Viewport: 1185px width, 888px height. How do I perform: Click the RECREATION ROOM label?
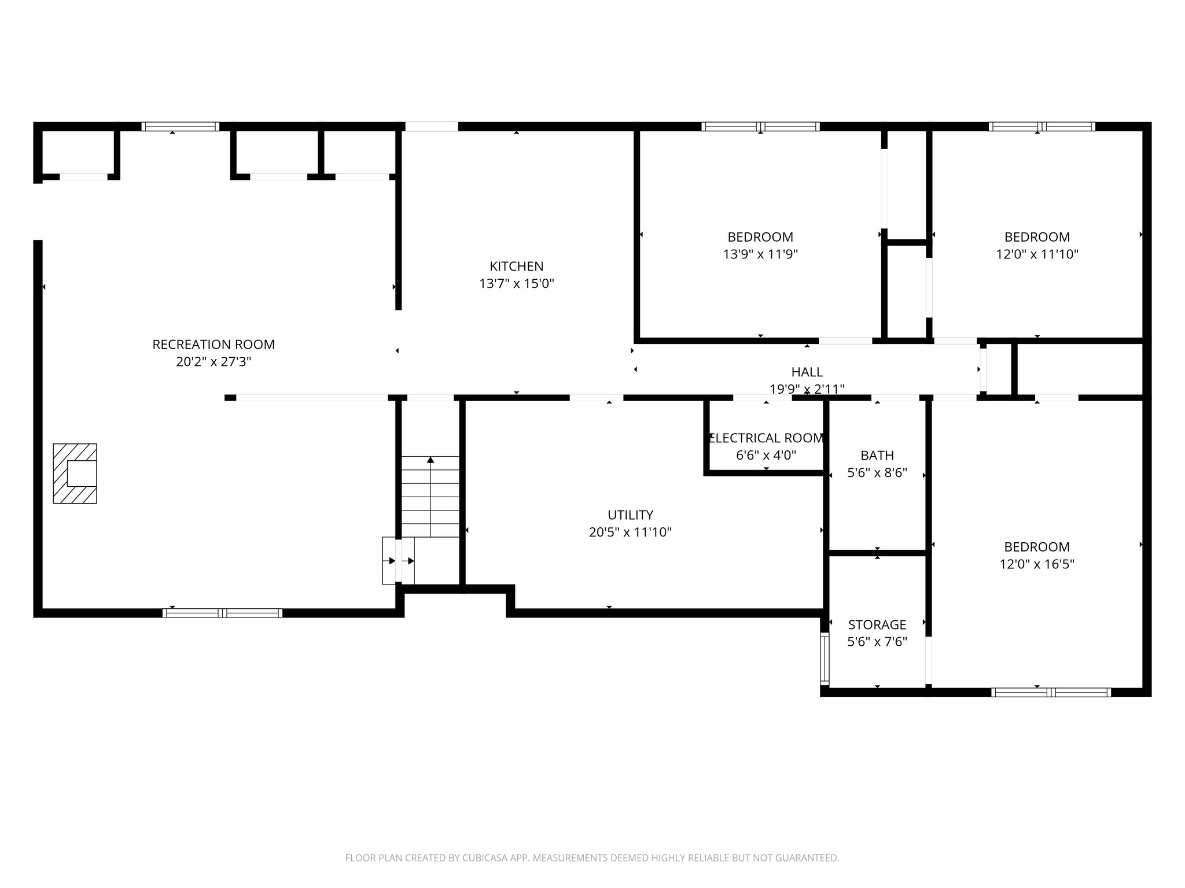click(214, 345)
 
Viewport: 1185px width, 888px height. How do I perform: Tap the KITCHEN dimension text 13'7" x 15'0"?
click(516, 284)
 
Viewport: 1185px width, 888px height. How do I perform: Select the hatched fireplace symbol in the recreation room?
click(75, 473)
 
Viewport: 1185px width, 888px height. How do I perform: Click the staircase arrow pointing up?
click(430, 461)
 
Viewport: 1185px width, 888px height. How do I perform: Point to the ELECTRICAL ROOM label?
click(766, 438)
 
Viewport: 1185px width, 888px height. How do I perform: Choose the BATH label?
click(877, 456)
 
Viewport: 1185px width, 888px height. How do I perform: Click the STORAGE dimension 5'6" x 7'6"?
click(877, 642)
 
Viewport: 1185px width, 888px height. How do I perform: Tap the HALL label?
click(807, 372)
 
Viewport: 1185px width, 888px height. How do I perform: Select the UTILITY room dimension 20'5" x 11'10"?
click(630, 532)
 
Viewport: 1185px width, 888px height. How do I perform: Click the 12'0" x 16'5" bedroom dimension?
click(1036, 564)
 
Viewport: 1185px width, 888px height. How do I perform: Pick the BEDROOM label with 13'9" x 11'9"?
click(760, 237)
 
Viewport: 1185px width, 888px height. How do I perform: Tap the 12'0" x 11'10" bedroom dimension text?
click(1036, 254)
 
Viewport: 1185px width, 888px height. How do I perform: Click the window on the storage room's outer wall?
click(825, 659)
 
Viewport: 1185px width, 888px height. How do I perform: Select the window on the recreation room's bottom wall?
click(223, 613)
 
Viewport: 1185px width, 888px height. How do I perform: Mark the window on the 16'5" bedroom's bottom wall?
click(1050, 692)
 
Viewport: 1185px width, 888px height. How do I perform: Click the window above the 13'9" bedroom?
click(760, 127)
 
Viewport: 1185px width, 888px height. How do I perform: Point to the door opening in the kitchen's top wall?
click(431, 127)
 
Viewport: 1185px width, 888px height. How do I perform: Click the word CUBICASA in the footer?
click(485, 858)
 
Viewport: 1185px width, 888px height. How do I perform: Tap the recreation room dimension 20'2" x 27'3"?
click(214, 362)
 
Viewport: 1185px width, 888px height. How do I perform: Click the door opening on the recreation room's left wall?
click(38, 211)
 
